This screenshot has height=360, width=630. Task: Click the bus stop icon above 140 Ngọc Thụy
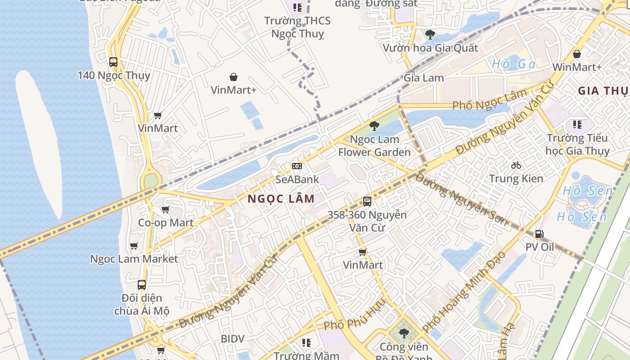click(x=113, y=62)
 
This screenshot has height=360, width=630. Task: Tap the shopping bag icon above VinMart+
click(x=234, y=77)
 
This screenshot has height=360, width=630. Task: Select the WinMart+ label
click(x=576, y=67)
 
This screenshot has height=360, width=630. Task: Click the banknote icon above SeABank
click(x=297, y=166)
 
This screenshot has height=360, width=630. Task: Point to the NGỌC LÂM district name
click(x=281, y=198)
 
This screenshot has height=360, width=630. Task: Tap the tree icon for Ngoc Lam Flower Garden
click(x=374, y=126)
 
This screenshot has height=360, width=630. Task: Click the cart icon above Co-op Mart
click(x=165, y=210)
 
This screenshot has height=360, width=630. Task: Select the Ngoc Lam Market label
click(x=134, y=259)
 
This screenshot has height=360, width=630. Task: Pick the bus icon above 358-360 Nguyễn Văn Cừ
click(x=367, y=202)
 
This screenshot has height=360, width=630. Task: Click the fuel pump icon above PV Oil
click(x=539, y=234)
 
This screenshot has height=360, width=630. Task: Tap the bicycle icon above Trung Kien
click(x=516, y=165)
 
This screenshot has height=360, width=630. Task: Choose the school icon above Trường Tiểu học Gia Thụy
click(x=577, y=124)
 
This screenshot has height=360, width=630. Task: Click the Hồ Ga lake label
click(x=514, y=64)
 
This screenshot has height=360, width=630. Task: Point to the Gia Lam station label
click(x=423, y=78)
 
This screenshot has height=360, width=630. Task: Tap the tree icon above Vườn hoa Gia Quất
click(x=430, y=34)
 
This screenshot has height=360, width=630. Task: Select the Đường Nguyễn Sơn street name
click(x=461, y=199)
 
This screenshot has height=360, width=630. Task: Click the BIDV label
click(x=233, y=338)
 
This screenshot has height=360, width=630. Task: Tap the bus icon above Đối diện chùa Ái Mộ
click(x=142, y=285)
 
